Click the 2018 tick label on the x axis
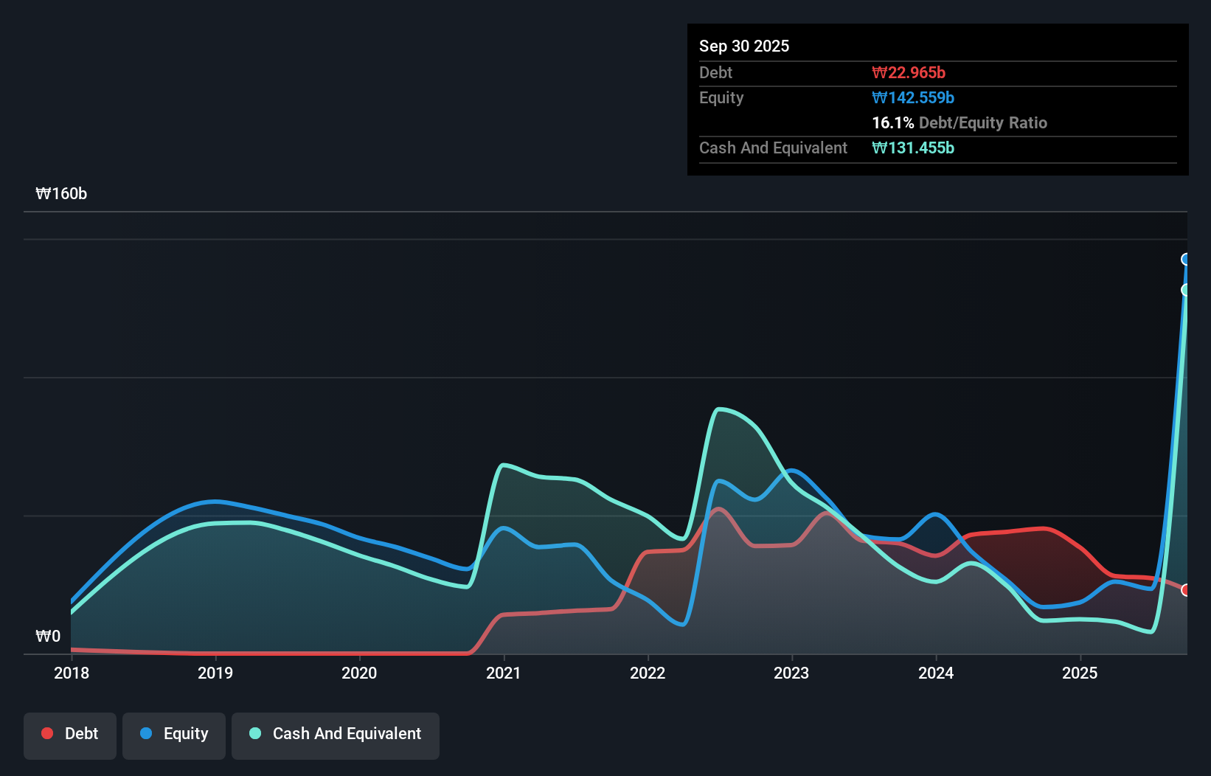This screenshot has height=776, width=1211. click(x=72, y=673)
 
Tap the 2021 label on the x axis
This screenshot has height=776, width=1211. click(x=504, y=673)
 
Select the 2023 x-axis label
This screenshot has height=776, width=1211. click(x=791, y=673)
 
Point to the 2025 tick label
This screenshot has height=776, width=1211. click(x=1080, y=673)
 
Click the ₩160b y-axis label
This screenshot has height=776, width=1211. click(x=61, y=193)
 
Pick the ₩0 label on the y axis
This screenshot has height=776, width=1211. click(x=48, y=636)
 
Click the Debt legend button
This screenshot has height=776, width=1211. click(x=70, y=734)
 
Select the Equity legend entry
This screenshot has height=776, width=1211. click(x=174, y=734)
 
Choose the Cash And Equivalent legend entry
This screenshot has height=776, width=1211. click(x=336, y=734)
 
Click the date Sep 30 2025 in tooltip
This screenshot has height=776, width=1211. click(x=744, y=46)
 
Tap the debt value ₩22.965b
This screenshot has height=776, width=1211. click(x=909, y=72)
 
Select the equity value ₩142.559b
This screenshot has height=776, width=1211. click(x=913, y=97)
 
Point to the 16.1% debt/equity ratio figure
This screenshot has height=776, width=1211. click(x=892, y=122)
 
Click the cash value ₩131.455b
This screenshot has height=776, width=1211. click(x=913, y=148)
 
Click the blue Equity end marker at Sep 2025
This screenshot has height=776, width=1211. click(x=1186, y=259)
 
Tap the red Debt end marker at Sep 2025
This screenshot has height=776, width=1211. click(x=1186, y=590)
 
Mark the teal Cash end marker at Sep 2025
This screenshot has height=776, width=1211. click(x=1186, y=290)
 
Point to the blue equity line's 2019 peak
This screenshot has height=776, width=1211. click(x=215, y=502)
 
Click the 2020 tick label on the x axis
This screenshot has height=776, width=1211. click(x=359, y=673)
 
